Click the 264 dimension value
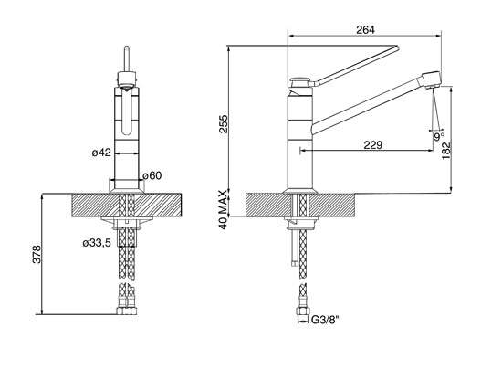(365, 29)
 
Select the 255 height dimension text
(224, 124)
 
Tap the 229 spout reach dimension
(373, 145)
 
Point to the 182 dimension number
(445, 151)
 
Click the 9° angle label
(439, 137)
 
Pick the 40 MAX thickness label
(224, 209)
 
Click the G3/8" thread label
(325, 320)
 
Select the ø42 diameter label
(101, 153)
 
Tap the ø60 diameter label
(152, 175)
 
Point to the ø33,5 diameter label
(97, 243)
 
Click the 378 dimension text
(37, 254)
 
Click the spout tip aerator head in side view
(432, 79)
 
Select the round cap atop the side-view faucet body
(299, 79)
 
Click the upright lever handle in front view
(127, 59)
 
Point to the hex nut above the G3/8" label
(302, 311)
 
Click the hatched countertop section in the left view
(127, 206)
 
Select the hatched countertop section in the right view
(300, 206)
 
